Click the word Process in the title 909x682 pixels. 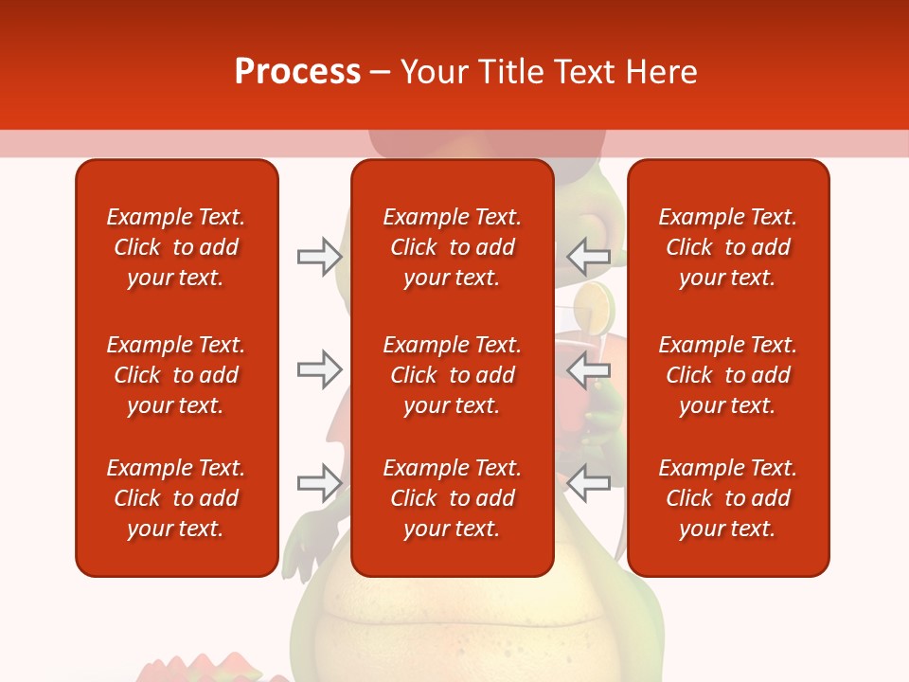[297, 72]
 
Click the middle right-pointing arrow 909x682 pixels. [319, 368]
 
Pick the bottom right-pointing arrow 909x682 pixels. [319, 482]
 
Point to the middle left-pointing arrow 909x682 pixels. [588, 370]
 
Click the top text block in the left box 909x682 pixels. [176, 247]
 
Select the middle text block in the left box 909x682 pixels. [176, 375]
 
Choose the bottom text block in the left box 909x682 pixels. [176, 498]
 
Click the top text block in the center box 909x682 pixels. [452, 247]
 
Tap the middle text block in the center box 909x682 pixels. [452, 375]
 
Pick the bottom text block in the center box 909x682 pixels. [452, 498]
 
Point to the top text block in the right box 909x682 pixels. [727, 247]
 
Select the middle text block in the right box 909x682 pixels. [727, 375]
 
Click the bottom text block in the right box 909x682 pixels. [727, 498]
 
